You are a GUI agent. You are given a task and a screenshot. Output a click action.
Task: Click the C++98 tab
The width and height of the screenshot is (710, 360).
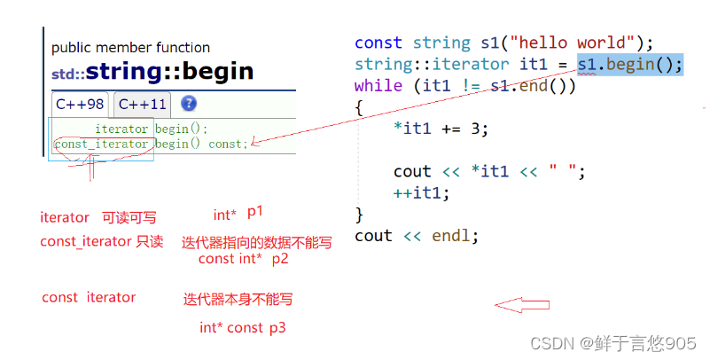pyautogui.click(x=80, y=104)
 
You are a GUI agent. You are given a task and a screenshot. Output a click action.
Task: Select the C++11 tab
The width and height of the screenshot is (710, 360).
pyautogui.click(x=142, y=104)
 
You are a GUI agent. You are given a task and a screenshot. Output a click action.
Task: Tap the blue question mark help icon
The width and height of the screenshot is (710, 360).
pyautogui.click(x=189, y=104)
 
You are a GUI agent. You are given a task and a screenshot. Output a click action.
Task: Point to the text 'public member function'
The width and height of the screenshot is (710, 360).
pyautogui.click(x=130, y=47)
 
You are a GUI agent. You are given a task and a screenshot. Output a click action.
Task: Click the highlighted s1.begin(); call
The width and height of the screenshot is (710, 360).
pyautogui.click(x=629, y=64)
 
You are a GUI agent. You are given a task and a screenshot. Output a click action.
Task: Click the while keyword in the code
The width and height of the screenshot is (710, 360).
pyautogui.click(x=378, y=86)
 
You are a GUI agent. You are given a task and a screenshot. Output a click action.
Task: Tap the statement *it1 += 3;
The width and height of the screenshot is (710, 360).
pyautogui.click(x=441, y=129)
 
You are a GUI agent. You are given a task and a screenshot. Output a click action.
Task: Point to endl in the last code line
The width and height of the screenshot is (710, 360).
pyautogui.click(x=455, y=236)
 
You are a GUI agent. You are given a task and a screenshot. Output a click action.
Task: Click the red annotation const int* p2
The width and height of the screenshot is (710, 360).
pyautogui.click(x=243, y=259)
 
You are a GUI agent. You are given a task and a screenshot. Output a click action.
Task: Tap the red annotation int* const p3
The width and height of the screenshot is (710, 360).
pyautogui.click(x=242, y=328)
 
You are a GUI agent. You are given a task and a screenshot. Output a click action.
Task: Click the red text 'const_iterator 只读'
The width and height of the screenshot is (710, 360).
pyautogui.click(x=101, y=241)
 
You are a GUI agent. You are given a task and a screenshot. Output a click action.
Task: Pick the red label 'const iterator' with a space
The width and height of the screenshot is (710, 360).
pyautogui.click(x=89, y=298)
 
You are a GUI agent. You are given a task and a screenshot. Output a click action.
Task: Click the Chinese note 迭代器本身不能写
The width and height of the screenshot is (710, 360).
pyautogui.click(x=238, y=300)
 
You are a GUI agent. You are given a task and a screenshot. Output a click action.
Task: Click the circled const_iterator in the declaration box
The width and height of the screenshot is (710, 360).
pyautogui.click(x=101, y=144)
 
